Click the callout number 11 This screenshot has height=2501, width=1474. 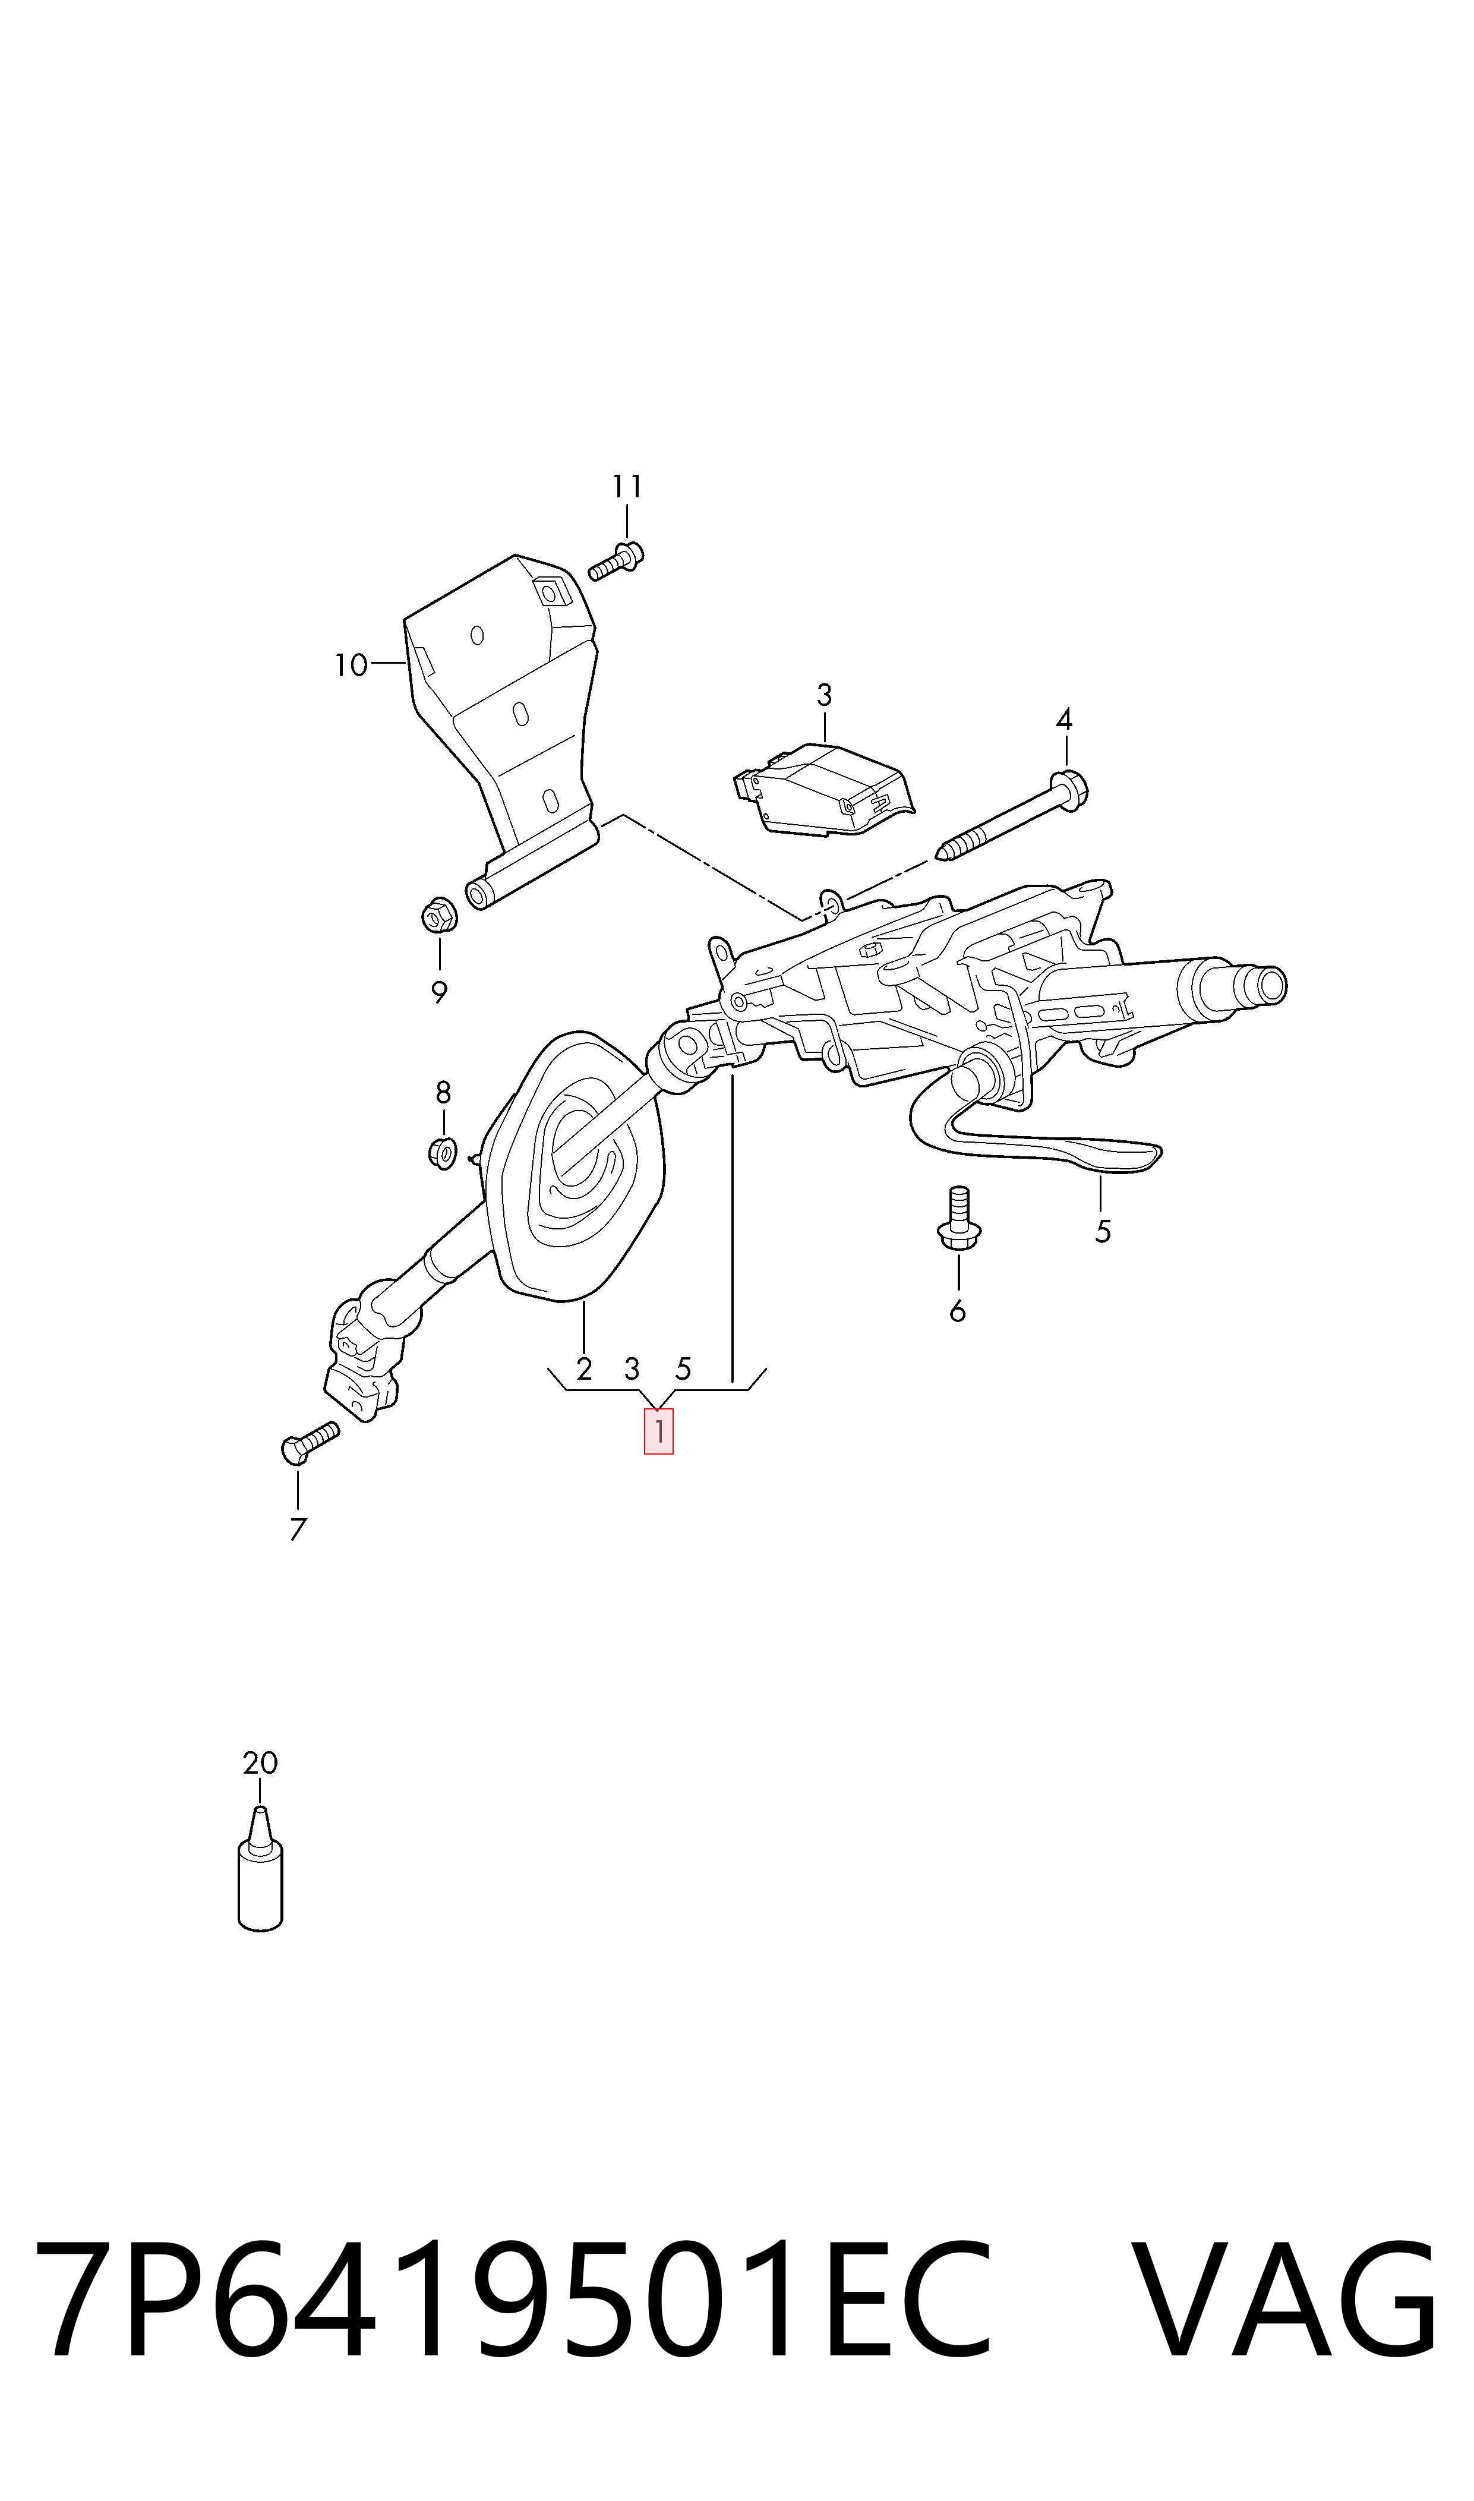click(627, 487)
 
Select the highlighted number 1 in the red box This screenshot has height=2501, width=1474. click(658, 1431)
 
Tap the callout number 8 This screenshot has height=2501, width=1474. click(443, 1093)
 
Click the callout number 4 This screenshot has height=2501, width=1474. click(1064, 719)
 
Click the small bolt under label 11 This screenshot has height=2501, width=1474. click(616, 560)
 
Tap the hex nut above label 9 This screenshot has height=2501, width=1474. click(438, 915)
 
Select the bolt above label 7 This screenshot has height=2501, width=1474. click(310, 1442)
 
